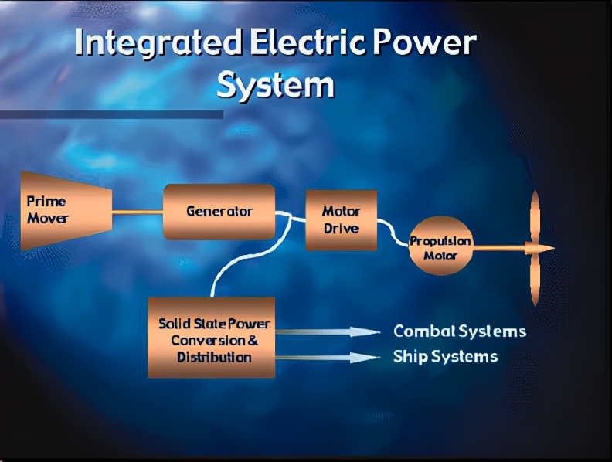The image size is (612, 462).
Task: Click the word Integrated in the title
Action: point(158,43)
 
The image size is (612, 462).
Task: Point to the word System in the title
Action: point(276,85)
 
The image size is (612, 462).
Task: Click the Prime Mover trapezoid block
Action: point(66,210)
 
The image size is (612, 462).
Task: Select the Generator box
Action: point(219,212)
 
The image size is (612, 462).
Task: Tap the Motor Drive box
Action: point(341,220)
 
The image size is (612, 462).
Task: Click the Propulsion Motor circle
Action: point(440,246)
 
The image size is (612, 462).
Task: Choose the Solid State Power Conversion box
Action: point(211,337)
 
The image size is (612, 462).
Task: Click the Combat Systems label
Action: point(460,331)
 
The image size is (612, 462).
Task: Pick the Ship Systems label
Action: point(445,357)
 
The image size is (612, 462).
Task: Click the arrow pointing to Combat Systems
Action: point(328,331)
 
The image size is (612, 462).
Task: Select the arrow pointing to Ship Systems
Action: point(328,357)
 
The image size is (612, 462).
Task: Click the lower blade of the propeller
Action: point(535,279)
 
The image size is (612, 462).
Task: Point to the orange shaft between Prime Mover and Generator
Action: point(138,212)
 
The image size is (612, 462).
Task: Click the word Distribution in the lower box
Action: point(214,357)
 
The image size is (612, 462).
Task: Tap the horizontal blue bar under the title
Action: point(111,114)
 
